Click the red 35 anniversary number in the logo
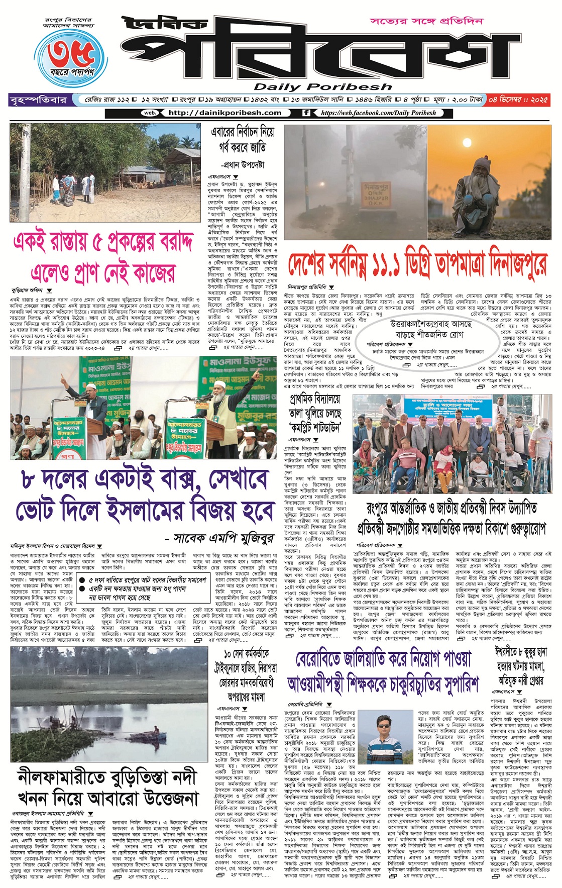pyautogui.click(x=72, y=53)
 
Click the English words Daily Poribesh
pyautogui.click(x=322, y=87)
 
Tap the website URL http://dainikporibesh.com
pyautogui.click(x=224, y=113)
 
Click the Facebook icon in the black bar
pyautogui.click(x=306, y=113)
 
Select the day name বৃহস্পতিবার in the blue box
pyautogui.click(x=38, y=100)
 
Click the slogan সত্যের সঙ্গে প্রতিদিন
pyautogui.click(x=426, y=21)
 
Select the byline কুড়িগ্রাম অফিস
pyautogui.click(x=28, y=290)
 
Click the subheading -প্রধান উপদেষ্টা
pyautogui.click(x=243, y=165)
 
